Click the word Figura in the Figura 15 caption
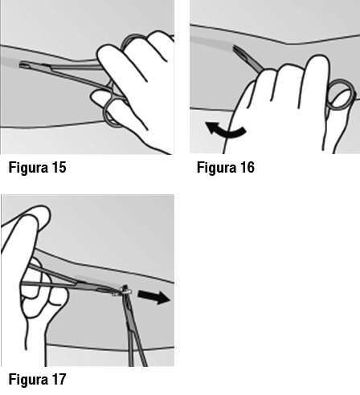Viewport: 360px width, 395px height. (x=28, y=168)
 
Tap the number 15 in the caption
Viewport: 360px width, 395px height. (x=59, y=168)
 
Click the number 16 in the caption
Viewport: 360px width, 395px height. (x=247, y=168)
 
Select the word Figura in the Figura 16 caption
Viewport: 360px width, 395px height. (x=216, y=168)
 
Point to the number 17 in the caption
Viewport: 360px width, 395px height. (x=59, y=380)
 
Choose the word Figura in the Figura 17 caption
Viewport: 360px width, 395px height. (x=28, y=380)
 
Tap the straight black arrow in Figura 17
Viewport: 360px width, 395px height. (x=153, y=297)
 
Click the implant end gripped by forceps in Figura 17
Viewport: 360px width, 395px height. (x=125, y=291)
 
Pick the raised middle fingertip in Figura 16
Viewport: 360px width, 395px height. (x=317, y=62)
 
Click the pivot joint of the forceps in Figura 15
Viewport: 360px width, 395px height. (x=109, y=87)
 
